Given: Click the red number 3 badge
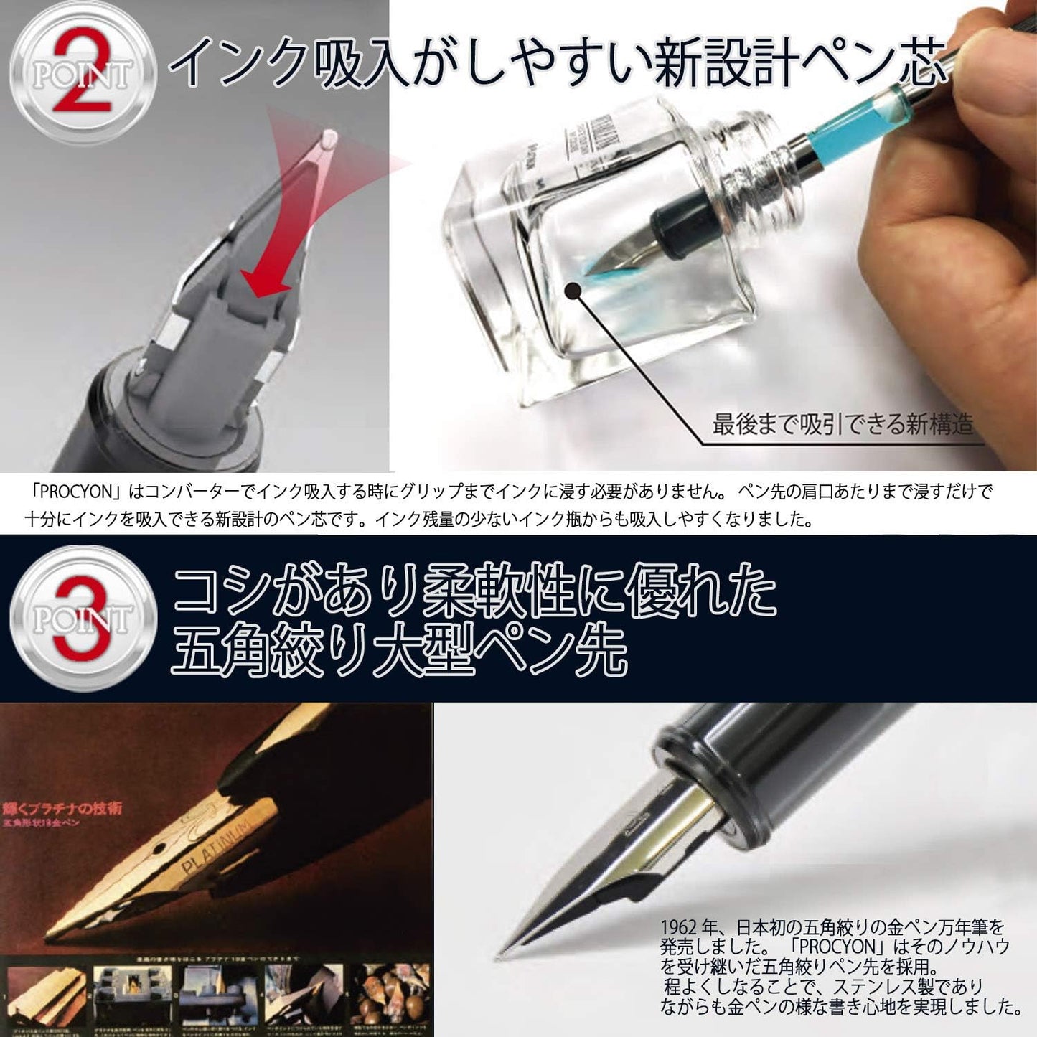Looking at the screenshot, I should pos(81,618).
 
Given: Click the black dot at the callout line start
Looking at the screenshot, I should pos(573,291).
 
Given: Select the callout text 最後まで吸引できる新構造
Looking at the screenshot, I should pos(843,424).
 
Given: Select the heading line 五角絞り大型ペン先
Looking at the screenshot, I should pos(398,651).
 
